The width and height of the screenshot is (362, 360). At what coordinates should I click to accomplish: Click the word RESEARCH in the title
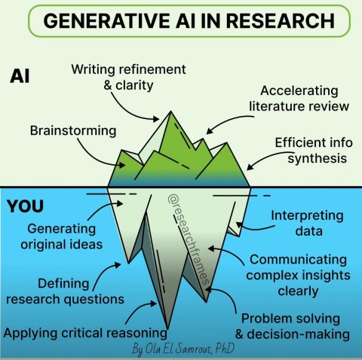point(281,20)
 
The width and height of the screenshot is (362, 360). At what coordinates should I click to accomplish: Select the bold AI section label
point(20,76)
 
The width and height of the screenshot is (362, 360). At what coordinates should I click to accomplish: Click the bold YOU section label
point(25,206)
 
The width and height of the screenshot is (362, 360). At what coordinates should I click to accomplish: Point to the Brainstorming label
point(73,131)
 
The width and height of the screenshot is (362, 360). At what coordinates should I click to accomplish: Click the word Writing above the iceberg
point(93,69)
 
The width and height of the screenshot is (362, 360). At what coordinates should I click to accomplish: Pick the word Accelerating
point(299,91)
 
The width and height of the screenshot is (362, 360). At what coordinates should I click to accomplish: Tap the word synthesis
point(318,159)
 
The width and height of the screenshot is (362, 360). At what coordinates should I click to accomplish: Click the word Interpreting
point(307,216)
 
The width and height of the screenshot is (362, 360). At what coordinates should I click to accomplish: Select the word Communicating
point(298,260)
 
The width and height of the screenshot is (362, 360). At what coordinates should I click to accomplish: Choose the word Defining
point(63,284)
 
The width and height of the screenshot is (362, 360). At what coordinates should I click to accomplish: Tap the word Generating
point(62,229)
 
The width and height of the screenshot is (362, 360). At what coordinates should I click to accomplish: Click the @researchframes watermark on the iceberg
point(188,239)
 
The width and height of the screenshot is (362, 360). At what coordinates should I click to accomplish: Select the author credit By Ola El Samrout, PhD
point(183,349)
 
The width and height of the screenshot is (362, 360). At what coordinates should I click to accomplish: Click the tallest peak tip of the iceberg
point(170,111)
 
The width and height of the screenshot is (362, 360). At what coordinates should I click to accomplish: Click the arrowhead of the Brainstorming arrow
point(122,165)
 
